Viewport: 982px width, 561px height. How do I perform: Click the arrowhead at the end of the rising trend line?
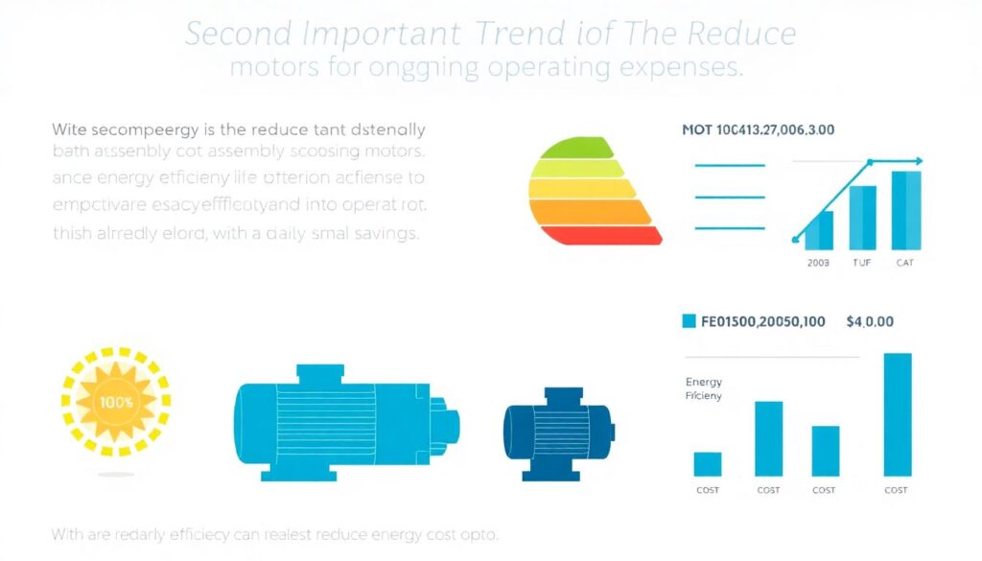tap(918, 161)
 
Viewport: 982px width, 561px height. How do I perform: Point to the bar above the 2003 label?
tap(820, 230)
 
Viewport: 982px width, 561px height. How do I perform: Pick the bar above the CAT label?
tap(906, 210)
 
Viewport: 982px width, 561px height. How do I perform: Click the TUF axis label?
tap(863, 261)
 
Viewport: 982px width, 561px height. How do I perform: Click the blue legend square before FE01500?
tap(689, 321)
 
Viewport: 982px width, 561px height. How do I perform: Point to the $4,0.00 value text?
tap(870, 321)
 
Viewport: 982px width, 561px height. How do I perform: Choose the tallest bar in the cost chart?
tap(897, 414)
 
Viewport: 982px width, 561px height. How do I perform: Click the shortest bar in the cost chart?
tap(708, 464)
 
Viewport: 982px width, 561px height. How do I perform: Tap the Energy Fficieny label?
tap(704, 388)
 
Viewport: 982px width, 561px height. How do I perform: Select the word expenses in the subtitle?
tap(682, 70)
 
